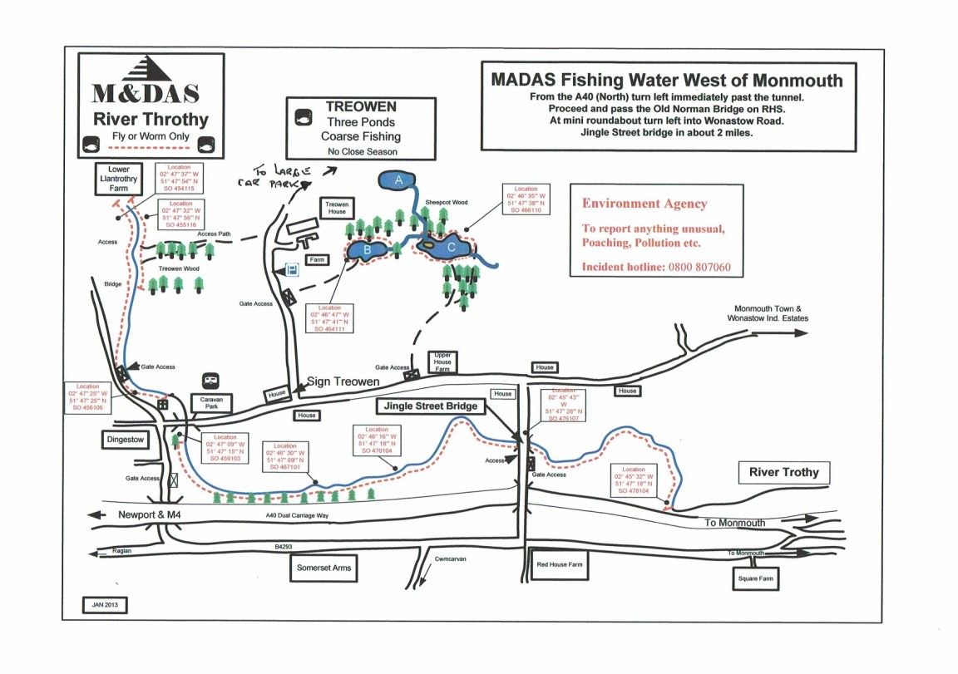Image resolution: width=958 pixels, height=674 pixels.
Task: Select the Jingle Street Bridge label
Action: pyautogui.click(x=430, y=407)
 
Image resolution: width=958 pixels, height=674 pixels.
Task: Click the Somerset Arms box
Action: pyautogui.click(x=323, y=568)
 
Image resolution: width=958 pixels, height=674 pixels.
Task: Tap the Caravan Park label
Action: pyautogui.click(x=211, y=401)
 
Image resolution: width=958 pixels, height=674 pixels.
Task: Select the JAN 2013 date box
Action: pyautogui.click(x=104, y=605)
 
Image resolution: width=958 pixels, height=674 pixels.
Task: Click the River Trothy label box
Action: pyautogui.click(x=784, y=473)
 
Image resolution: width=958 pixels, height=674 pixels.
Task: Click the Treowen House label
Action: pyautogui.click(x=337, y=207)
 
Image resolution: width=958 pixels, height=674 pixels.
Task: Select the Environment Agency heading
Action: pyautogui.click(x=644, y=204)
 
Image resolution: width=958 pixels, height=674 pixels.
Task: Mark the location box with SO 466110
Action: pyautogui.click(x=526, y=200)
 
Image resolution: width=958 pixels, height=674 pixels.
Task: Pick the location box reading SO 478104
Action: pyautogui.click(x=634, y=480)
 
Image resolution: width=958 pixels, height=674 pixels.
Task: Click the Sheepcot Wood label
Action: pyautogui.click(x=447, y=202)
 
